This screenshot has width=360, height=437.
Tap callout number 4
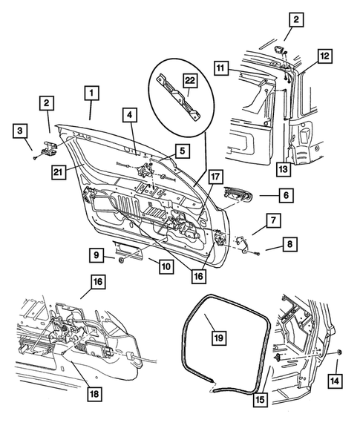(x=129, y=116)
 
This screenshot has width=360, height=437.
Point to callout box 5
(x=181, y=151)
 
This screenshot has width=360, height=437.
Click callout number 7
(x=272, y=221)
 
